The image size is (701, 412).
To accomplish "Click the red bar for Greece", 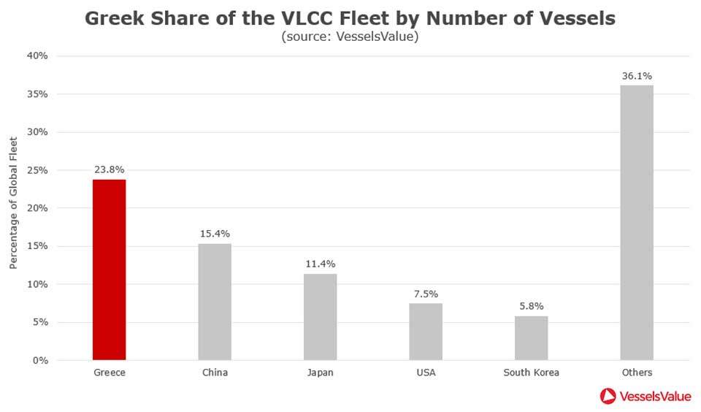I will point(109,270).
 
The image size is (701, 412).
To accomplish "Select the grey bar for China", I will point(215,301).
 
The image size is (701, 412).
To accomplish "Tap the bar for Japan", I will point(320,316).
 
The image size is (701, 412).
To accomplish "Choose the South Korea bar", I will point(531,337).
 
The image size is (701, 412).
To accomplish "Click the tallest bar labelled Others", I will point(637,222).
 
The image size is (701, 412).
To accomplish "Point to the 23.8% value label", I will point(109,169).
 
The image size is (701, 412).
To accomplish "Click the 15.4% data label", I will point(215,233).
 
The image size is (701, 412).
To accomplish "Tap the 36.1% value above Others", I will point(637,75).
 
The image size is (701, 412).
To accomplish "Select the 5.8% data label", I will point(531,306).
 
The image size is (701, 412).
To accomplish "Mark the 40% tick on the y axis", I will point(38,56).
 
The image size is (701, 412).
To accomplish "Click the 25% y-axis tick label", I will point(38,170).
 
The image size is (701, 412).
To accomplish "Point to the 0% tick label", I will point(41,360).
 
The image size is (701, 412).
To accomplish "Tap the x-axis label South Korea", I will point(531,373).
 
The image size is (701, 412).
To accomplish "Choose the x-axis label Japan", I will point(320,373).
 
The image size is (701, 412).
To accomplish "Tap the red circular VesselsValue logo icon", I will point(608,396).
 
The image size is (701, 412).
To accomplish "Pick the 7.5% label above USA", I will point(426,294).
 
